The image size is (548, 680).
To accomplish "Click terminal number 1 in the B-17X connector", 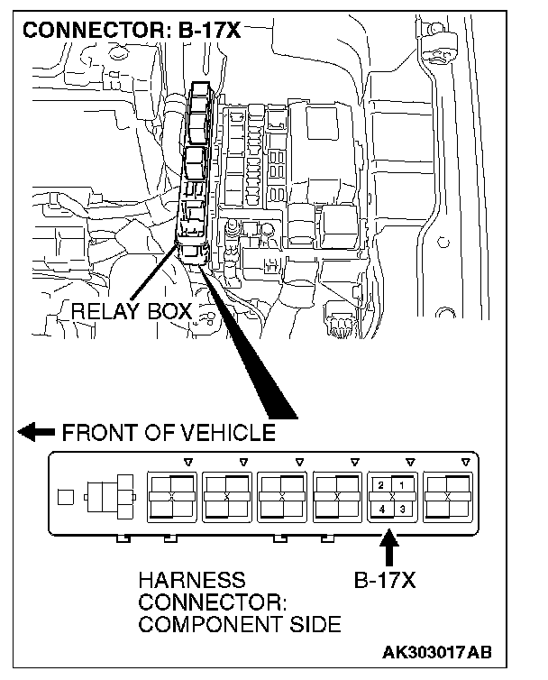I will click(x=402, y=485).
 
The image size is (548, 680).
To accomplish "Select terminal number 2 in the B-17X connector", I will click(x=382, y=485).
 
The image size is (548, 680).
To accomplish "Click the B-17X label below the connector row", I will click(x=386, y=580).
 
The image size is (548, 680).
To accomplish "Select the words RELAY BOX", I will click(x=131, y=312).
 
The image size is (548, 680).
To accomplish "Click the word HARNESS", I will click(x=191, y=580).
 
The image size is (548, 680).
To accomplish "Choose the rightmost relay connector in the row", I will click(x=448, y=496).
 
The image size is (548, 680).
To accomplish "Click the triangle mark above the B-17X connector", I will click(x=411, y=463).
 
